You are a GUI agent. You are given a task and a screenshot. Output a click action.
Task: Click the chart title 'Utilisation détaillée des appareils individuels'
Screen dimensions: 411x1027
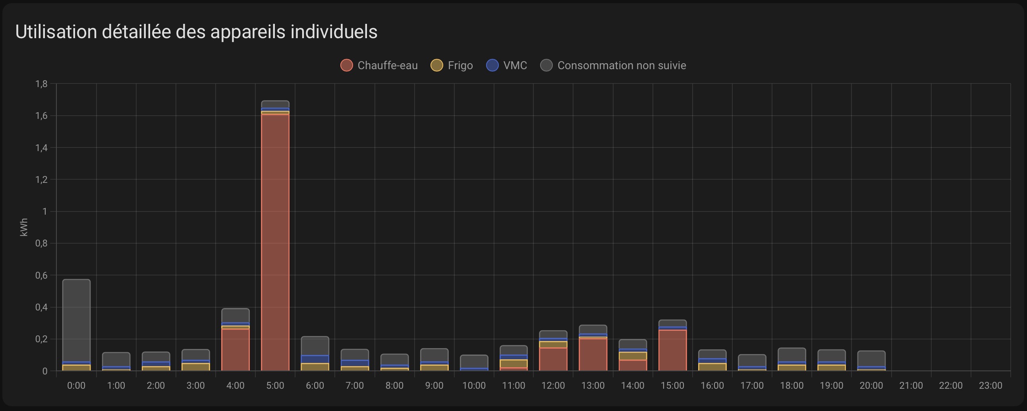(196, 32)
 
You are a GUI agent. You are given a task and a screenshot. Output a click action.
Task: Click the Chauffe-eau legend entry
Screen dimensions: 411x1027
(379, 66)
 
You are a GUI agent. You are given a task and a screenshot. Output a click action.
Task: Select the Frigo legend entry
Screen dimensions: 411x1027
(452, 66)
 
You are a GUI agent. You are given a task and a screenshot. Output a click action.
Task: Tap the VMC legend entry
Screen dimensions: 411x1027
(507, 66)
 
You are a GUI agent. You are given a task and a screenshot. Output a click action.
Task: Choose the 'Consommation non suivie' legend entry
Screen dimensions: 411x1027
(614, 66)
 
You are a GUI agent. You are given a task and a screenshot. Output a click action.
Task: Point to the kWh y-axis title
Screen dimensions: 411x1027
(24, 227)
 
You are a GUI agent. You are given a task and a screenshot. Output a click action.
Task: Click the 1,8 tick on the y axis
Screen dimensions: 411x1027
(41, 84)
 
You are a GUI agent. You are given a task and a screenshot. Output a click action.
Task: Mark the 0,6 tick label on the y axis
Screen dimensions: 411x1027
(41, 275)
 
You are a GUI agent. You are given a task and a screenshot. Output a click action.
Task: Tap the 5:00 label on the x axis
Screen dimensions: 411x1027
(275, 386)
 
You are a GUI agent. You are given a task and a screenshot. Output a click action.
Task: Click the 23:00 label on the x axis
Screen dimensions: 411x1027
(990, 386)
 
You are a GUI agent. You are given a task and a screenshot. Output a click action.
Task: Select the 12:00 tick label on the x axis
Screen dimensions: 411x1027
(553, 386)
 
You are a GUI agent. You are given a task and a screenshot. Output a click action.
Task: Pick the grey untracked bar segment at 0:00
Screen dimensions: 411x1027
(76, 319)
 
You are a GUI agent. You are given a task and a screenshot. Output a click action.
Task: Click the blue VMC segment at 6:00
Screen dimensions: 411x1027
(315, 359)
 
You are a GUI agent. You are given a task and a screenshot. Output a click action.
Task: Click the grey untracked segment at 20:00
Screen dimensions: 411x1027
(871, 358)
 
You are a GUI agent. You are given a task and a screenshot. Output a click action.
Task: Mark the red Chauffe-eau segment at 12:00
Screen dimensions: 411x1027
(553, 359)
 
